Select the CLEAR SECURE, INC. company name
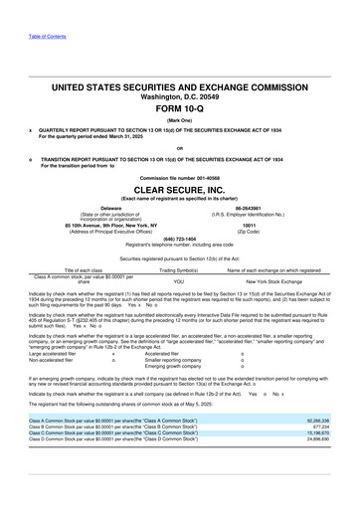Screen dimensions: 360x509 [x=179, y=187]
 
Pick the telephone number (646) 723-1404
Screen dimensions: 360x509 [x=179, y=239]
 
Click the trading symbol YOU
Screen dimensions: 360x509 [x=179, y=281]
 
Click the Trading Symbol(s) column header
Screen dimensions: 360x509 [x=179, y=269]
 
